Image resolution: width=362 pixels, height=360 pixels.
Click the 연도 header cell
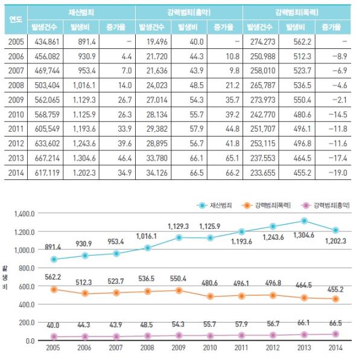[16, 19]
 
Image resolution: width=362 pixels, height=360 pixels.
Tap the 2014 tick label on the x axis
[336, 349]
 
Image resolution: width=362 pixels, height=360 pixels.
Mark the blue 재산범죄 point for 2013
[305, 221]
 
